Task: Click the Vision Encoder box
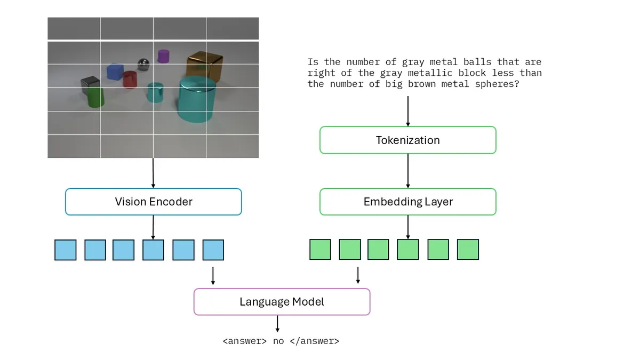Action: coord(154,202)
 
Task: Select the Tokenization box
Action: coord(408,140)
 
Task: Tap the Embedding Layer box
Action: coord(408,202)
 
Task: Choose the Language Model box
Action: coord(282,302)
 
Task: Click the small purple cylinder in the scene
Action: coord(163,56)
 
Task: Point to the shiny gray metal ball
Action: coord(143,65)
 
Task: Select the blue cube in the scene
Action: coord(115,71)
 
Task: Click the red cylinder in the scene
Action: coord(130,79)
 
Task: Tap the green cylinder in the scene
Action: coord(95,98)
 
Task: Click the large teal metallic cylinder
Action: coord(197,99)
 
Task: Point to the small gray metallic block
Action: coord(90,84)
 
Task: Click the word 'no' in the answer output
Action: coord(278,341)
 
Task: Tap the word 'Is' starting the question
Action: coord(313,62)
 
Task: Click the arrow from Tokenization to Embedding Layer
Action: coord(408,171)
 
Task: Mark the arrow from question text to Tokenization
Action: coord(408,111)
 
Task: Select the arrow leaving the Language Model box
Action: coord(277,323)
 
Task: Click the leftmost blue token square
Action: coord(66,250)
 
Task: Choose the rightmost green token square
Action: coord(468,250)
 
